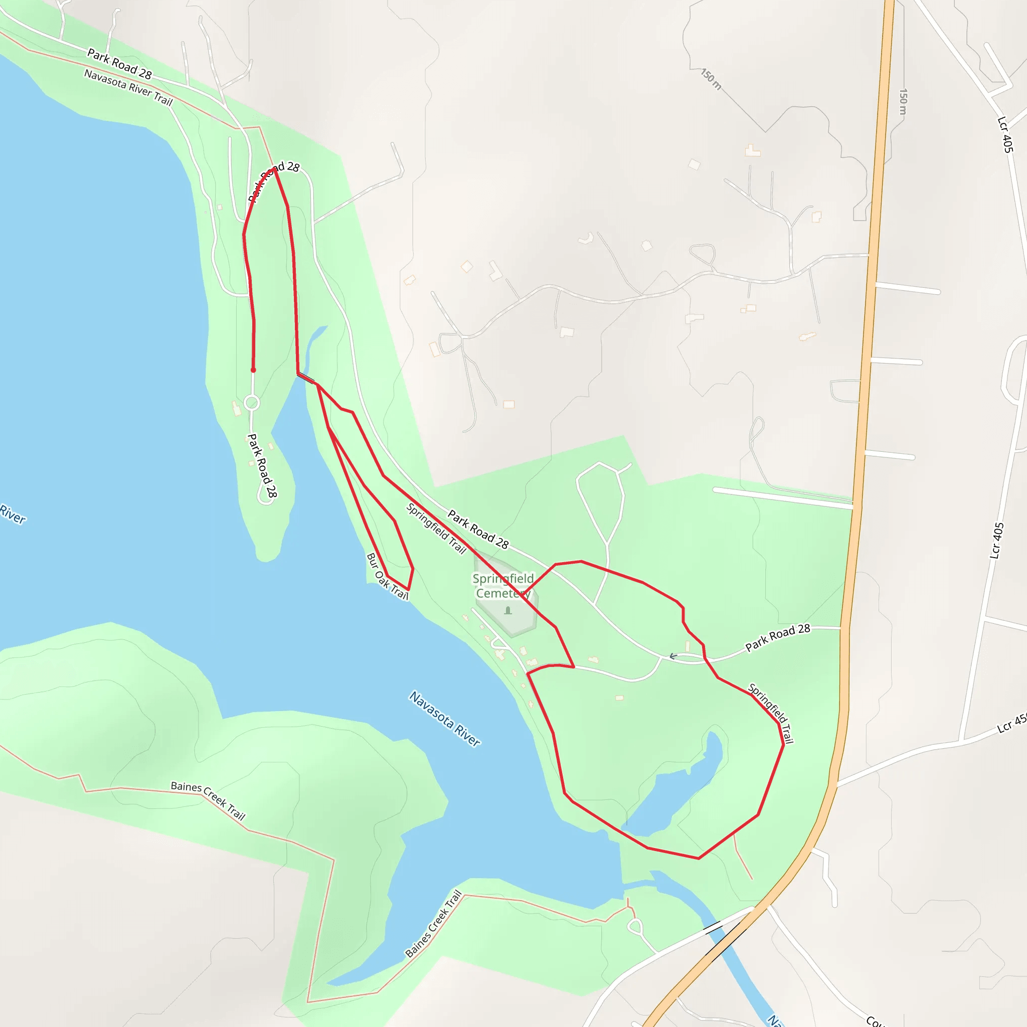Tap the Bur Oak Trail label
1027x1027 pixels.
pos(388,577)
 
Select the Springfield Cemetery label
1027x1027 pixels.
pos(503,585)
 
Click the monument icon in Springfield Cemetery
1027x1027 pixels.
pos(508,610)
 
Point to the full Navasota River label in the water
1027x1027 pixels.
pos(444,719)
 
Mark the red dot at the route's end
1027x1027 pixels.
pos(254,370)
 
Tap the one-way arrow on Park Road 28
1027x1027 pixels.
pos(672,656)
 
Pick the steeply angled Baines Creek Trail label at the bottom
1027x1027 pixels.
pos(434,924)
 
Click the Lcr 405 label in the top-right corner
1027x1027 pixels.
pos(1004,134)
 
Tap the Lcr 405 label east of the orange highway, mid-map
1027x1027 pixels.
pos(997,540)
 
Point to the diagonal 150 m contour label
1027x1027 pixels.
pos(711,79)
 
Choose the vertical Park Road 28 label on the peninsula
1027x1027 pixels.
pos(262,466)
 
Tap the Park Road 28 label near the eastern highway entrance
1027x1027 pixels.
pos(778,637)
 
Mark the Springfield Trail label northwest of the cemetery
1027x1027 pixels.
pos(436,529)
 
